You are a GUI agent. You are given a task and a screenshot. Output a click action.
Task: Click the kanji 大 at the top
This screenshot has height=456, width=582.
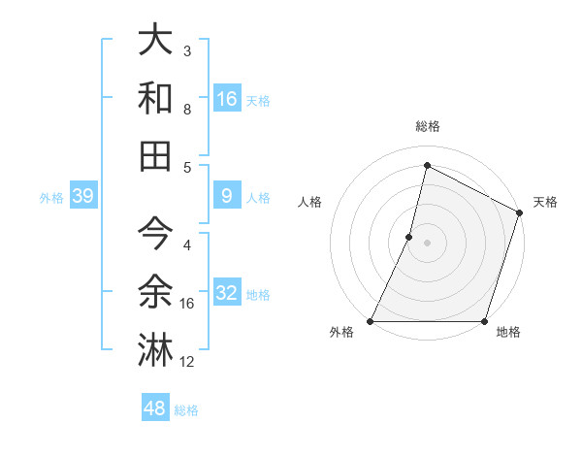156,40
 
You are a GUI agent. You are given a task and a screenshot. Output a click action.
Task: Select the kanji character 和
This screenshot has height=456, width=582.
156,98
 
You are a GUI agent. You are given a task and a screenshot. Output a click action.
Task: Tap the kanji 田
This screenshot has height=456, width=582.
156,156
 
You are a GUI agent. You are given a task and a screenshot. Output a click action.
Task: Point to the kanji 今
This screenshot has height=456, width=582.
156,234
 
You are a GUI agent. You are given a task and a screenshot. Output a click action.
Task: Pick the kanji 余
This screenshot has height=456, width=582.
156,292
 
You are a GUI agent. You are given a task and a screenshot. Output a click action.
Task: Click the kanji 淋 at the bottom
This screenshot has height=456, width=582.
156,350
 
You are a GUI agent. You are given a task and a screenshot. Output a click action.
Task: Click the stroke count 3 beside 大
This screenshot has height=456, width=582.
187,49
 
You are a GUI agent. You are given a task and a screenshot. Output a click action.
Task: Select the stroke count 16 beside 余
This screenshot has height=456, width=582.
187,304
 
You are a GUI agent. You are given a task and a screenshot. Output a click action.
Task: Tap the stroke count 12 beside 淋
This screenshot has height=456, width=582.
187,362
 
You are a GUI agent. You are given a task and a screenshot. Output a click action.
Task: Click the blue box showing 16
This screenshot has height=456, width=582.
226,98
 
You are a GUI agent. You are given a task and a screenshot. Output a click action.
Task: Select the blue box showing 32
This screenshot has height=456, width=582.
226,293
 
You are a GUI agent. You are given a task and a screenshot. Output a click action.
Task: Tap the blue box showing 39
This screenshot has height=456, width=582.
82,197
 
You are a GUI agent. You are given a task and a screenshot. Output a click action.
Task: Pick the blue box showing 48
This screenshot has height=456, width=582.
155,408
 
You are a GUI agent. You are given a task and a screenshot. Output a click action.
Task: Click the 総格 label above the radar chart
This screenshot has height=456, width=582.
427,126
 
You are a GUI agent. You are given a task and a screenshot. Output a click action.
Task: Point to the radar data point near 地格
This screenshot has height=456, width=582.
484,321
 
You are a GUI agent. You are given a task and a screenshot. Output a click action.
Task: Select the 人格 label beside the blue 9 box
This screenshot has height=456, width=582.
258,198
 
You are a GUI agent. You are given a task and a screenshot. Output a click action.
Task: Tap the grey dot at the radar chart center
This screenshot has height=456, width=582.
427,243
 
